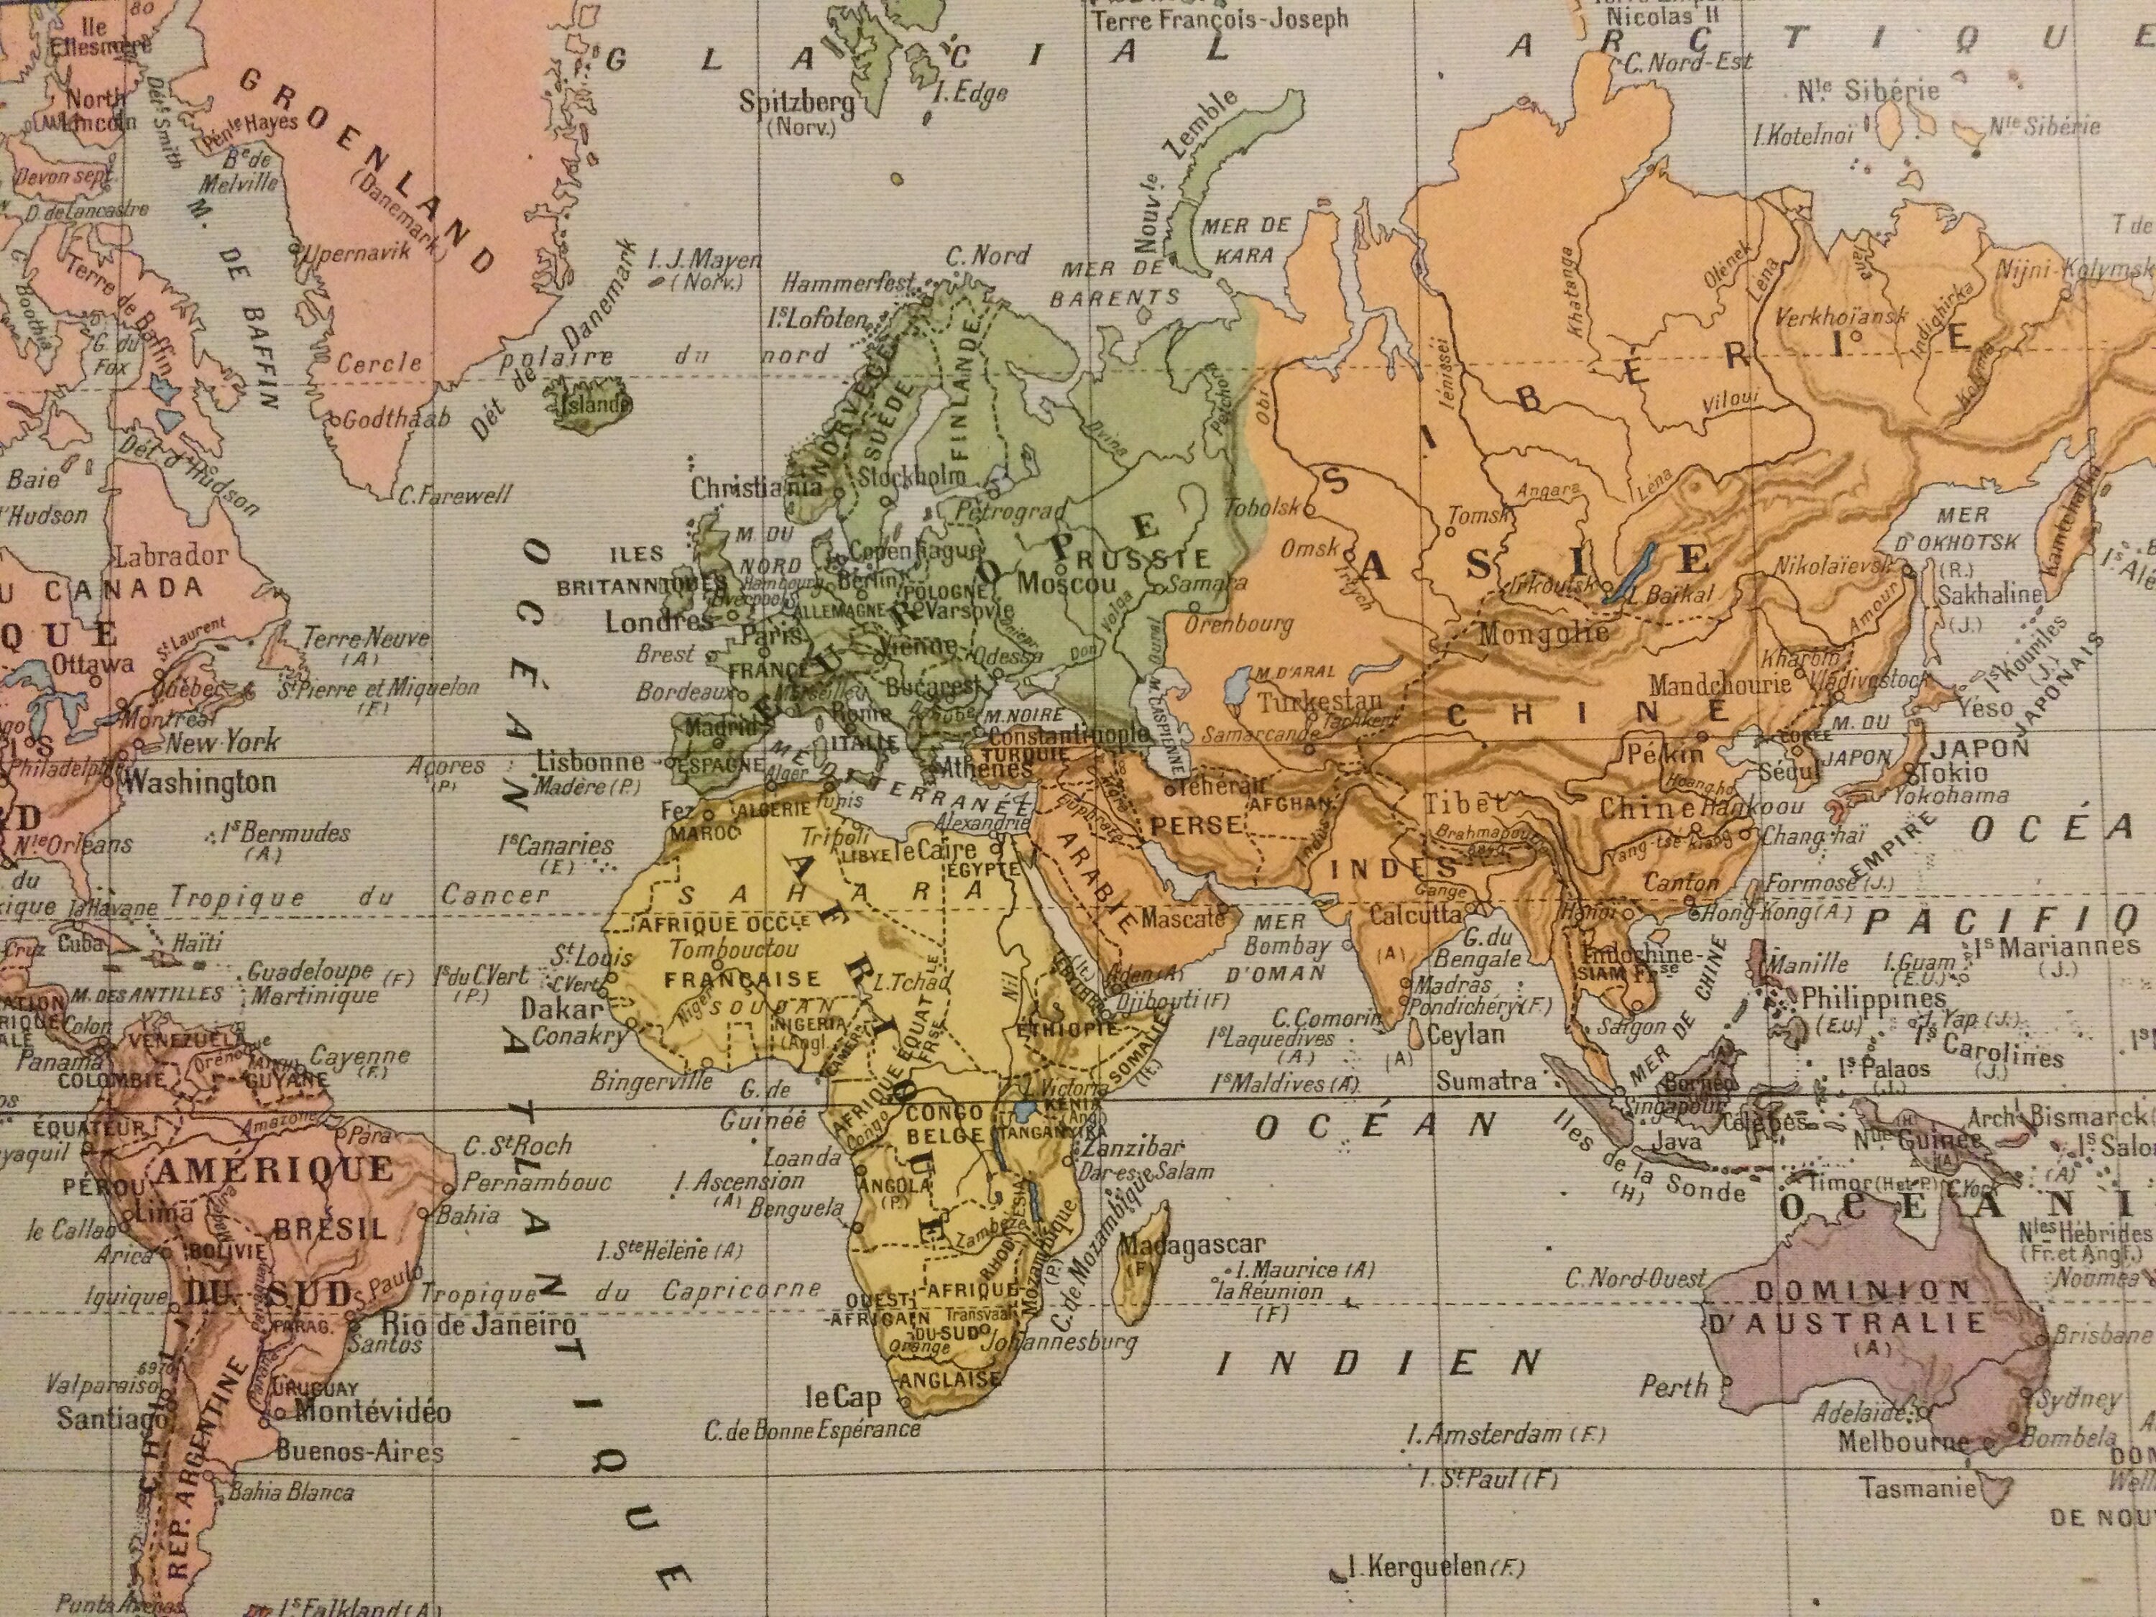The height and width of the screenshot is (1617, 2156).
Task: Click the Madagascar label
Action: tap(1191, 1245)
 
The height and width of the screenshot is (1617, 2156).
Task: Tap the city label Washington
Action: tap(200, 782)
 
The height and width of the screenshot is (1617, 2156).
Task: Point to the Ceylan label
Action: tap(1466, 1033)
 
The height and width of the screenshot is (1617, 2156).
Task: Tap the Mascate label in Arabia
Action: tap(1182, 917)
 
